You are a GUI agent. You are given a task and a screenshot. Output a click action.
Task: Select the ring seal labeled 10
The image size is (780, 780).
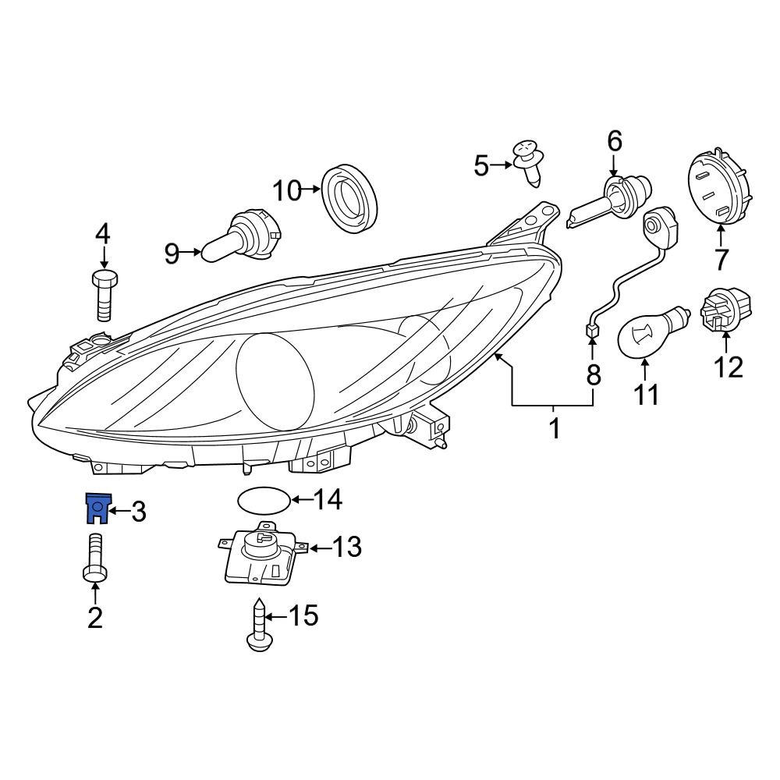coord(349,197)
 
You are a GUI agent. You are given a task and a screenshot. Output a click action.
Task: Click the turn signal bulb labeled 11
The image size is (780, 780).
coord(653,334)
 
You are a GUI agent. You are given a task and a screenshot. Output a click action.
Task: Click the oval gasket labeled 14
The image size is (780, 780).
coord(261,500)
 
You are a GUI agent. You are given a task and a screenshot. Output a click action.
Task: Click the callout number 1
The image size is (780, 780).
coord(554,428)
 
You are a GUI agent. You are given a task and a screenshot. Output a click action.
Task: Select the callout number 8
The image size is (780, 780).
coord(594,375)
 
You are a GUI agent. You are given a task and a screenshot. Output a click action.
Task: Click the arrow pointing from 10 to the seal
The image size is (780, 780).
coord(311,190)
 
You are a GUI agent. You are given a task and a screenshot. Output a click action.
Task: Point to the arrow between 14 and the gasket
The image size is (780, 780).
coord(300,499)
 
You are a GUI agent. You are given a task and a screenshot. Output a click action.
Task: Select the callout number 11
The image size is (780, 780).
coord(645,395)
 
